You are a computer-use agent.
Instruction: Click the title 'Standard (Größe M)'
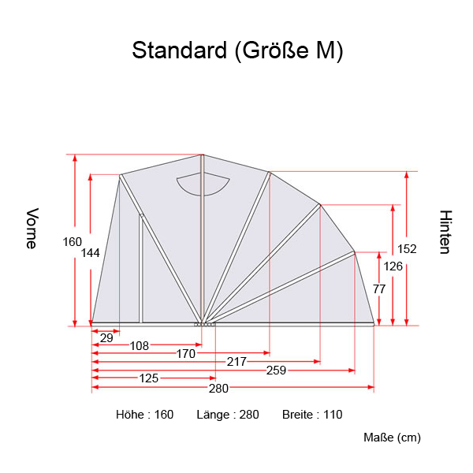(x=237, y=50)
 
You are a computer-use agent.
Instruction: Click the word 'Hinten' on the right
(x=445, y=232)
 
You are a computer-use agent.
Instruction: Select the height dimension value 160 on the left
(x=72, y=242)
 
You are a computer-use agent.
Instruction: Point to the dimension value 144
(x=90, y=253)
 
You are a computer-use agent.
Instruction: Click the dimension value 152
(x=407, y=249)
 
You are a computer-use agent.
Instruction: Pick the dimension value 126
(x=393, y=266)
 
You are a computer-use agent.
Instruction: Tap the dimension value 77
(x=378, y=289)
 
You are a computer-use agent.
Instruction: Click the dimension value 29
(x=106, y=337)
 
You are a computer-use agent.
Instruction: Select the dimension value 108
(x=140, y=346)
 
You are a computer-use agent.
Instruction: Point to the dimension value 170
(x=185, y=354)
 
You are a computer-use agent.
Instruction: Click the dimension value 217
(x=236, y=362)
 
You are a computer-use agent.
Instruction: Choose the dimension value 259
(x=276, y=370)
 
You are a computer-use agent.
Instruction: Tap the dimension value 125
(x=148, y=378)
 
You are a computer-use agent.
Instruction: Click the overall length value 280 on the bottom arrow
(x=218, y=388)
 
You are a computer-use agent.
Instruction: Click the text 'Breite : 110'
(x=312, y=415)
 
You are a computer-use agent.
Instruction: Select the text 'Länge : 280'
(x=228, y=415)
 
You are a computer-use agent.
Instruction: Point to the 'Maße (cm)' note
(x=392, y=438)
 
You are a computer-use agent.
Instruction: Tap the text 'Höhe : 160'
(x=144, y=415)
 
